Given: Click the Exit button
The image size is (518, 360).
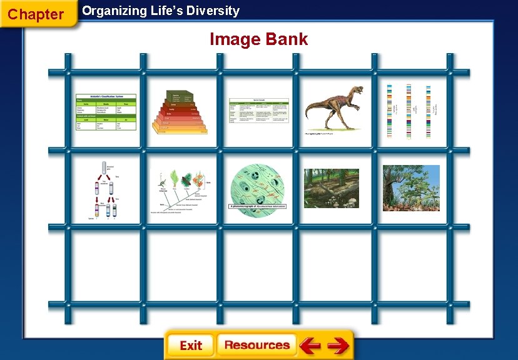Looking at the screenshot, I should coord(190,346).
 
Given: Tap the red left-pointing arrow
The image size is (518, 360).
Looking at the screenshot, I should coord(310,345).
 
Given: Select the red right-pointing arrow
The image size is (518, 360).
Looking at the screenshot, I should coord(338,345).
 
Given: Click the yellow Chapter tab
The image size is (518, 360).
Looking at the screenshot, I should coord(36,14).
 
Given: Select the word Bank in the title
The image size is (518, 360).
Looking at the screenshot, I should coord(286,39).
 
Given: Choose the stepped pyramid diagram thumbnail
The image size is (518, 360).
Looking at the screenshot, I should coord(181,112).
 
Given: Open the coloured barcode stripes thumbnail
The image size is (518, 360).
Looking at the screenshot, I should coord(410,111).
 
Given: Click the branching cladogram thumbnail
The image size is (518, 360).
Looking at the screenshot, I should coord(181,188).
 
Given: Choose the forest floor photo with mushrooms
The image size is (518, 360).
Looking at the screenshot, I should coord(332,187).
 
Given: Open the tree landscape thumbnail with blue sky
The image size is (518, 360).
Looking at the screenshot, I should coord(411,187).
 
